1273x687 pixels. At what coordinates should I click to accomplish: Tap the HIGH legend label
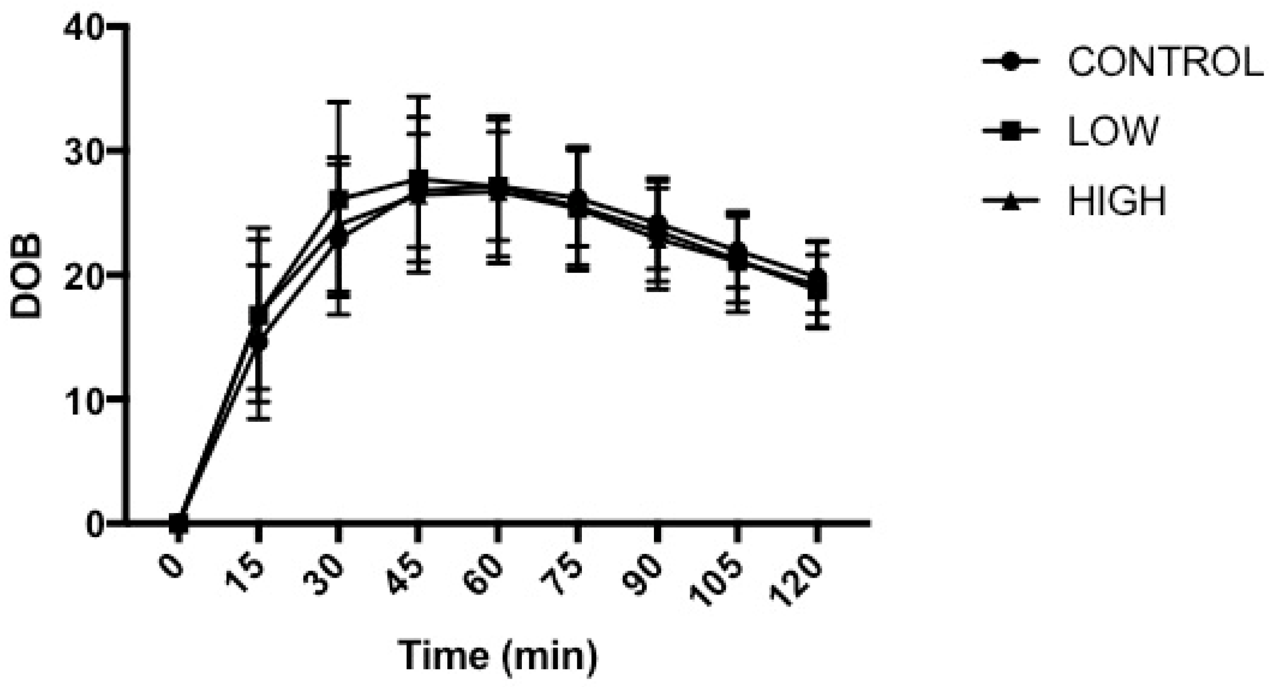coord(1117,201)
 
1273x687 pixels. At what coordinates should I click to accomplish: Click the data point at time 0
coord(178,523)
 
